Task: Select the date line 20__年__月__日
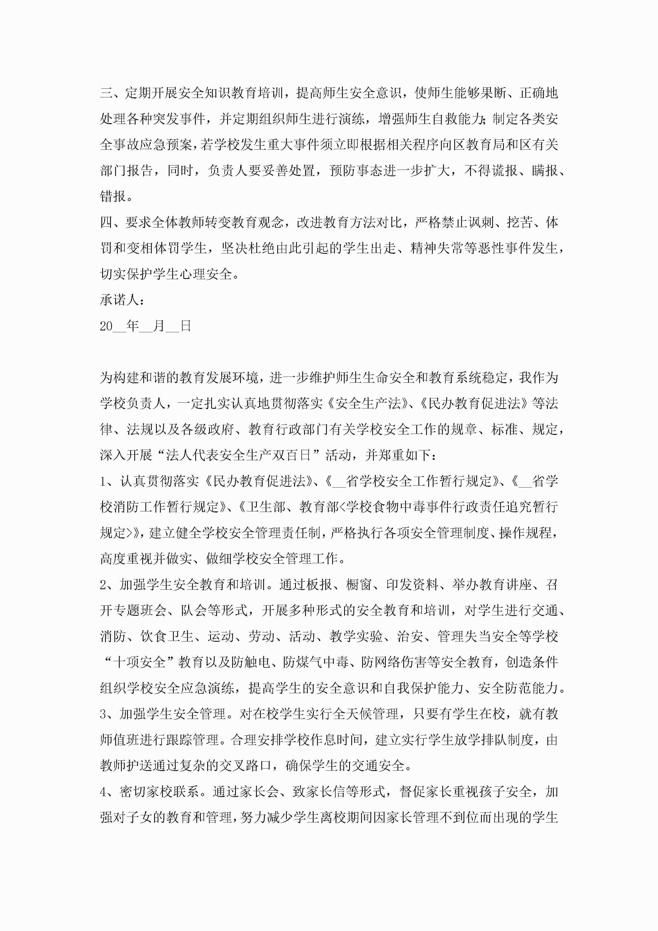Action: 145,326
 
